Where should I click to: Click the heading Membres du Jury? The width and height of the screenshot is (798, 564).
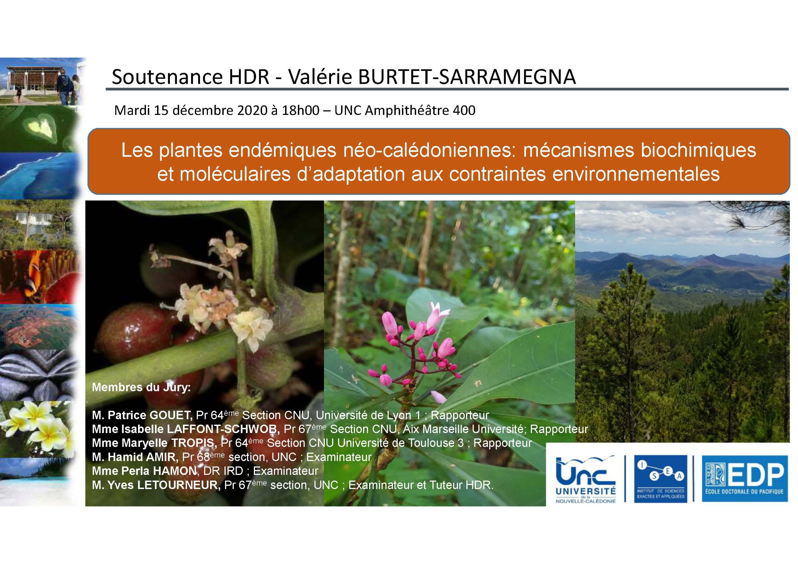click(x=141, y=387)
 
